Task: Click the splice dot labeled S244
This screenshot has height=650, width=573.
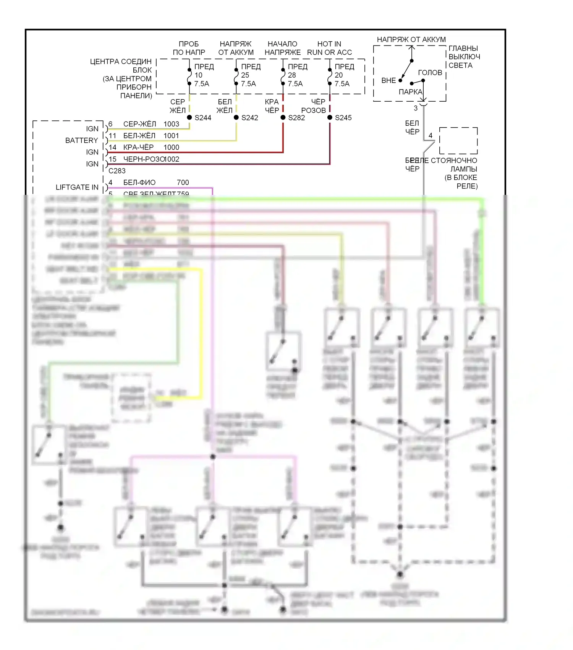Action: (x=189, y=117)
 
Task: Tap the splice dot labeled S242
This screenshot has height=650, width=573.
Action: (x=236, y=117)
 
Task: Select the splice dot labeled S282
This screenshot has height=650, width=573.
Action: (x=283, y=117)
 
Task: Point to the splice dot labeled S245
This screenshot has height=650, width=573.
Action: (x=330, y=117)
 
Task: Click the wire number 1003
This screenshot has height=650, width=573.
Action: (x=171, y=124)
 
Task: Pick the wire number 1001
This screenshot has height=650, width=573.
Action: (x=171, y=136)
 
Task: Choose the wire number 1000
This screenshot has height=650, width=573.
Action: (x=171, y=147)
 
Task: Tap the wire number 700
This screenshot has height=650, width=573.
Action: (x=183, y=182)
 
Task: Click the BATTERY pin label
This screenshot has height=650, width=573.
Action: (x=81, y=140)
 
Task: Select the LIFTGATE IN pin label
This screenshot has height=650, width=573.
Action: (x=77, y=187)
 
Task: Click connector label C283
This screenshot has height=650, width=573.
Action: (x=117, y=170)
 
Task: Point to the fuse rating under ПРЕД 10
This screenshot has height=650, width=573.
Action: (x=202, y=84)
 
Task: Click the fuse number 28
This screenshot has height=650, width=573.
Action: (x=292, y=75)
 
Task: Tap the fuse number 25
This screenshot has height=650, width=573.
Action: (x=245, y=75)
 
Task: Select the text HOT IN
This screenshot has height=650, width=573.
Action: (x=329, y=44)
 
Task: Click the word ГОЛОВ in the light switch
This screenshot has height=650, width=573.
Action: (x=430, y=73)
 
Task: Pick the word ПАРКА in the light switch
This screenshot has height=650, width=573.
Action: (x=410, y=92)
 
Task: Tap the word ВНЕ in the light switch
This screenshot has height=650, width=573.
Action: (x=388, y=80)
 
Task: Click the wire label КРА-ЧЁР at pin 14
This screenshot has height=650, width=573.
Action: (x=138, y=147)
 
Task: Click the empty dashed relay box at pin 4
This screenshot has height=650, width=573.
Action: (x=458, y=141)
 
